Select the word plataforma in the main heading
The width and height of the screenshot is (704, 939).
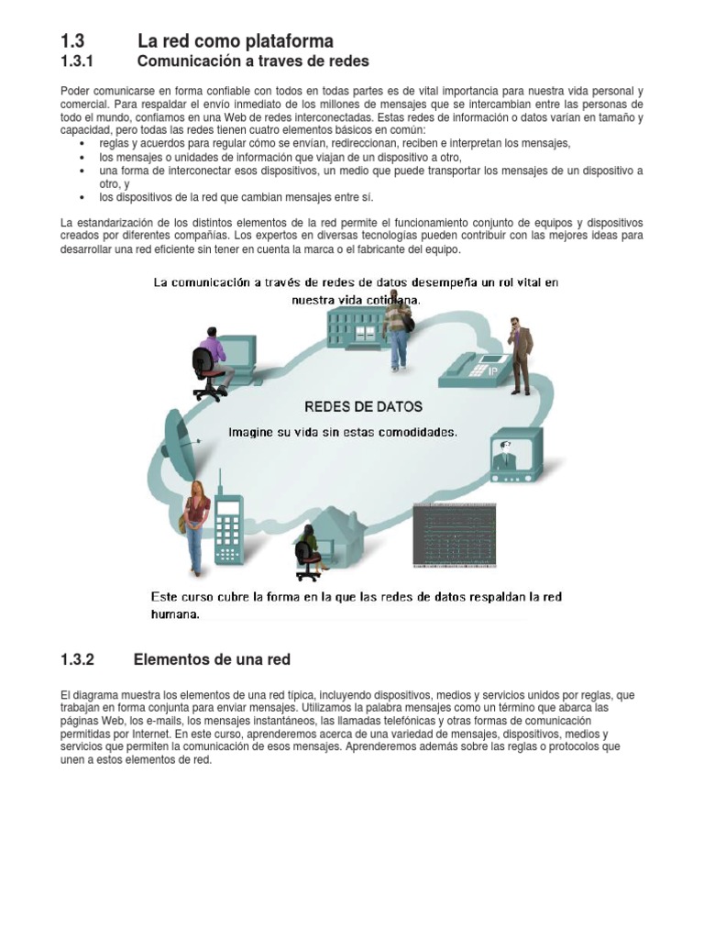pos(287,40)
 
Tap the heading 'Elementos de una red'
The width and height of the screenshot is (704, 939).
pos(212,659)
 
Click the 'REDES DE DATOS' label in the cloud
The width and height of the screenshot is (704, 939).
pos(363,405)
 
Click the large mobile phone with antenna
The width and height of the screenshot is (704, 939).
pos(227,524)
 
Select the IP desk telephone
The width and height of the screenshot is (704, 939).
pos(475,369)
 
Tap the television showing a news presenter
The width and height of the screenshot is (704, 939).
pos(516,455)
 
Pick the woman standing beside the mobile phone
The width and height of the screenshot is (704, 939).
pos(195,526)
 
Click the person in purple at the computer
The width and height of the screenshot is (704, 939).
pos(211,361)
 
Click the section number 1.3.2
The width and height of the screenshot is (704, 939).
pos(78,659)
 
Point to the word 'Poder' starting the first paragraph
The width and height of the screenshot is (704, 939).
pos(75,92)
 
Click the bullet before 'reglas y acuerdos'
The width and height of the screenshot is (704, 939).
pos(82,144)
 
